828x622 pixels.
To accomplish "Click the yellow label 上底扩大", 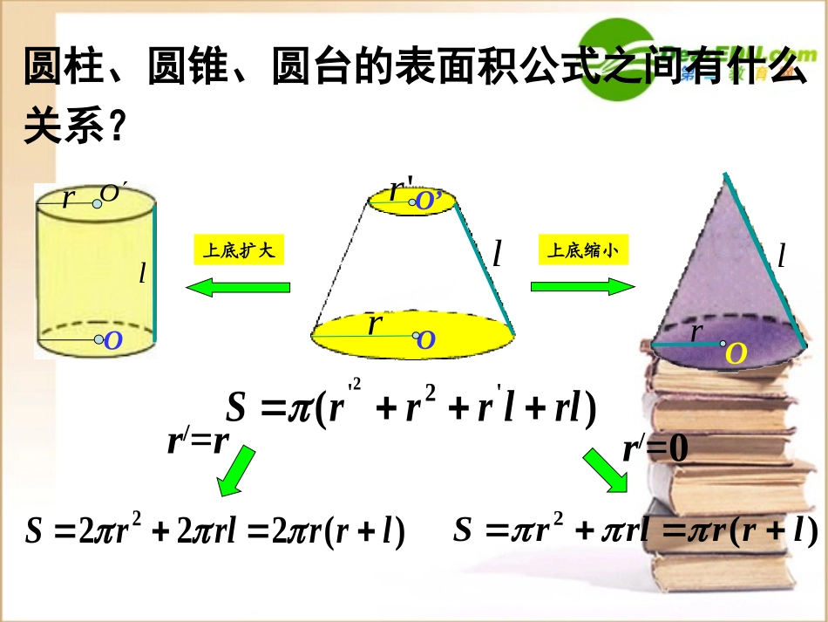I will pos(238,251).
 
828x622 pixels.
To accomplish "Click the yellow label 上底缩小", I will pos(583,251).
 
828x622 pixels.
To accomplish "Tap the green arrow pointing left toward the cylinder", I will pos(238,286).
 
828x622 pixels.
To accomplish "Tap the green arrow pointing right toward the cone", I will pos(583,286).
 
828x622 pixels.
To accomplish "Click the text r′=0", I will pos(655,448).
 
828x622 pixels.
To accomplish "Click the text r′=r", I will pos(199,441).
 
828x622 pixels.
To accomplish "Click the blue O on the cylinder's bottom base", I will pos(112,341).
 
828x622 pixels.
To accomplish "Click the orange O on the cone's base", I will pos(736,353).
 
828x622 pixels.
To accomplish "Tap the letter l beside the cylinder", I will pos(142,274).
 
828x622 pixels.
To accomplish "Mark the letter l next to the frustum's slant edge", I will pos(497,254).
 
